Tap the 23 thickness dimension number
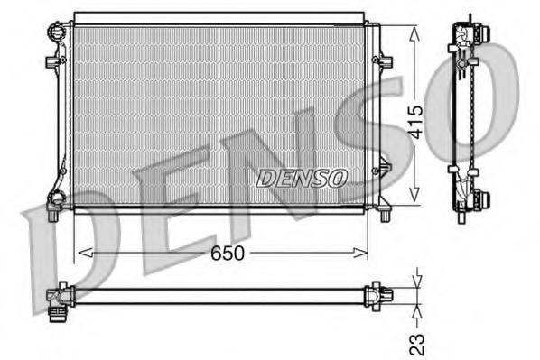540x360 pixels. pyautogui.click(x=416, y=343)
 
